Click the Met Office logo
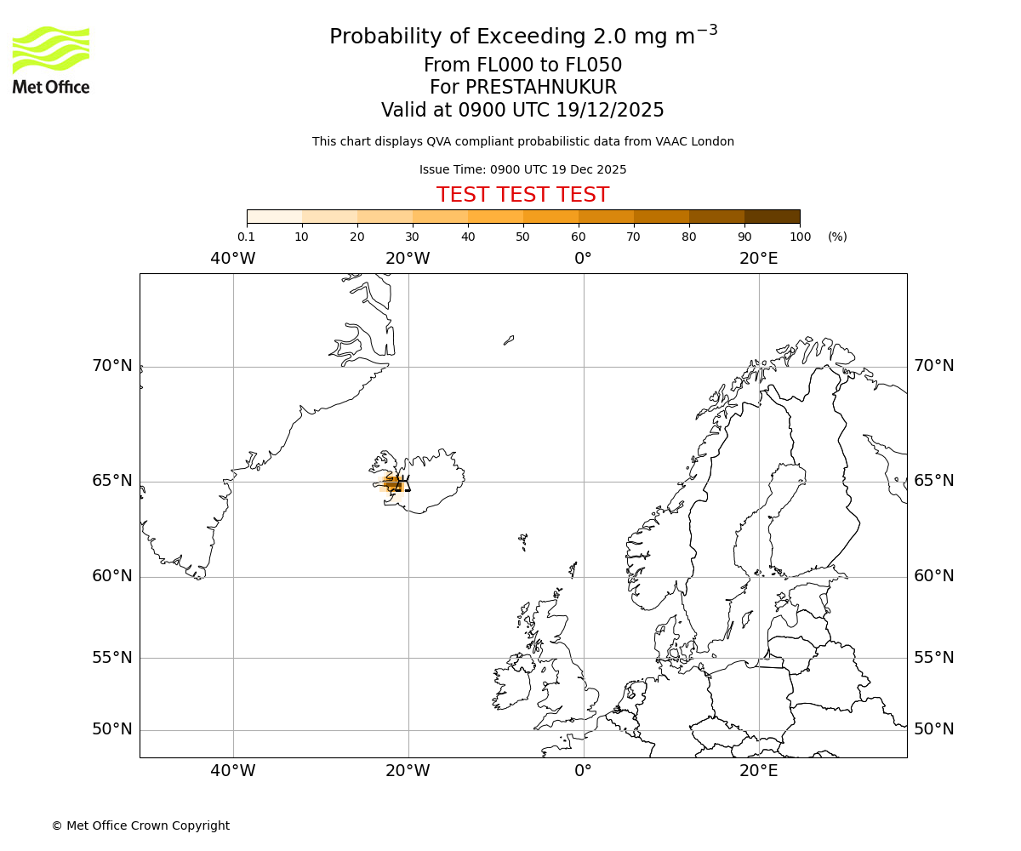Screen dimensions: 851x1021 51,60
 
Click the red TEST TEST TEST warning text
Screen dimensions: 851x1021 522,195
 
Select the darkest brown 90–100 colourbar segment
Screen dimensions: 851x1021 772,216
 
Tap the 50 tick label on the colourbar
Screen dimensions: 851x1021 522,237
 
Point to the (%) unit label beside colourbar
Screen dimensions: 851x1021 837,237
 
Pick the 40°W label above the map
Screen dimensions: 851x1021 232,258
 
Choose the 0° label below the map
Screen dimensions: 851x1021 583,771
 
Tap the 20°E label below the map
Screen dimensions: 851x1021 758,771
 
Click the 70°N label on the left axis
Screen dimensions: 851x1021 112,366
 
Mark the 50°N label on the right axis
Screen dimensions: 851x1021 933,729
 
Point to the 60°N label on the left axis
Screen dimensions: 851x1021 112,576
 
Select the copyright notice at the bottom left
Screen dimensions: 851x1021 140,825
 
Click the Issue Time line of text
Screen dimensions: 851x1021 522,169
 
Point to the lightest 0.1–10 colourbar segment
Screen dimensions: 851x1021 274,216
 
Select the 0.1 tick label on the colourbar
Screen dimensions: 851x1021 246,237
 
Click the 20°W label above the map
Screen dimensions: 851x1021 408,258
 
